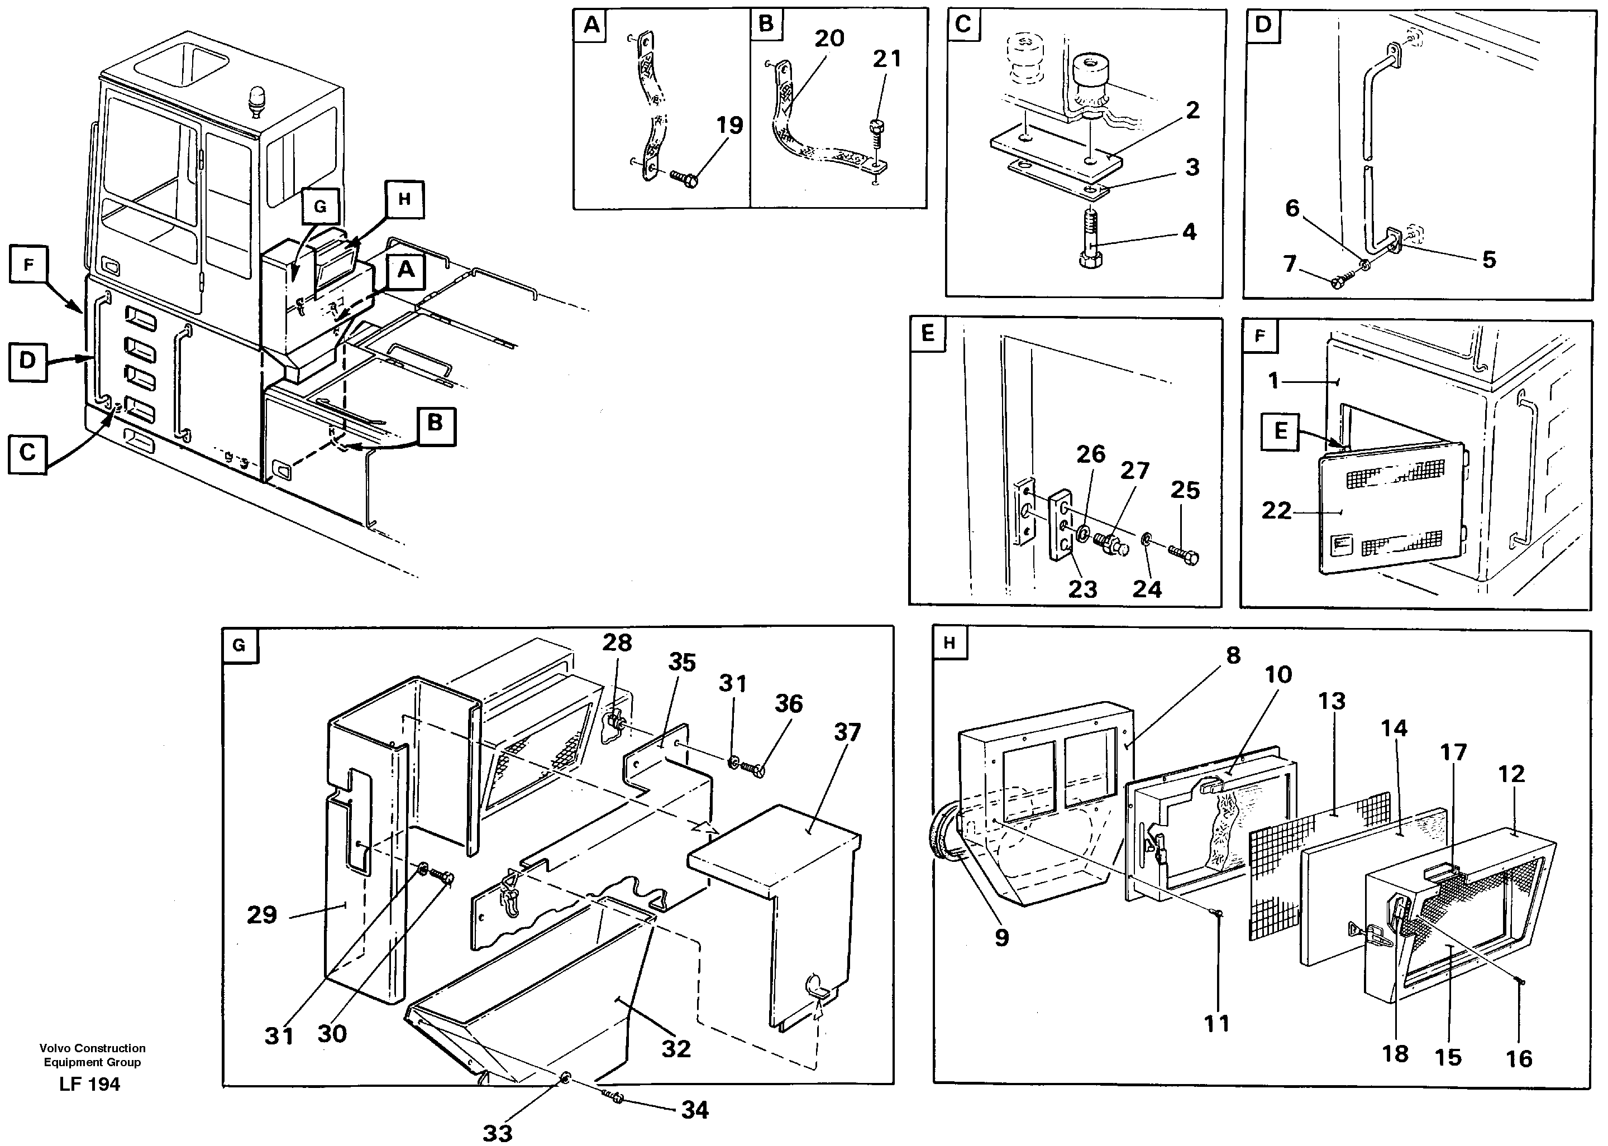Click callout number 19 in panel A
729,126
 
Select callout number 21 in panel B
886,59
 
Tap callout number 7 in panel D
1290,264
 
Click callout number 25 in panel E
1185,491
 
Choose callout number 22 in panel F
1276,510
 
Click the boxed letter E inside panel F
1281,430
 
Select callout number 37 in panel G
847,732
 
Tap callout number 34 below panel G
695,1110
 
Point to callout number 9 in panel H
1001,938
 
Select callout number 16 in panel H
1519,1058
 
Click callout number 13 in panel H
1332,702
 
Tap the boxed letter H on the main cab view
404,199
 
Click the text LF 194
90,1085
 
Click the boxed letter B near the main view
435,423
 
